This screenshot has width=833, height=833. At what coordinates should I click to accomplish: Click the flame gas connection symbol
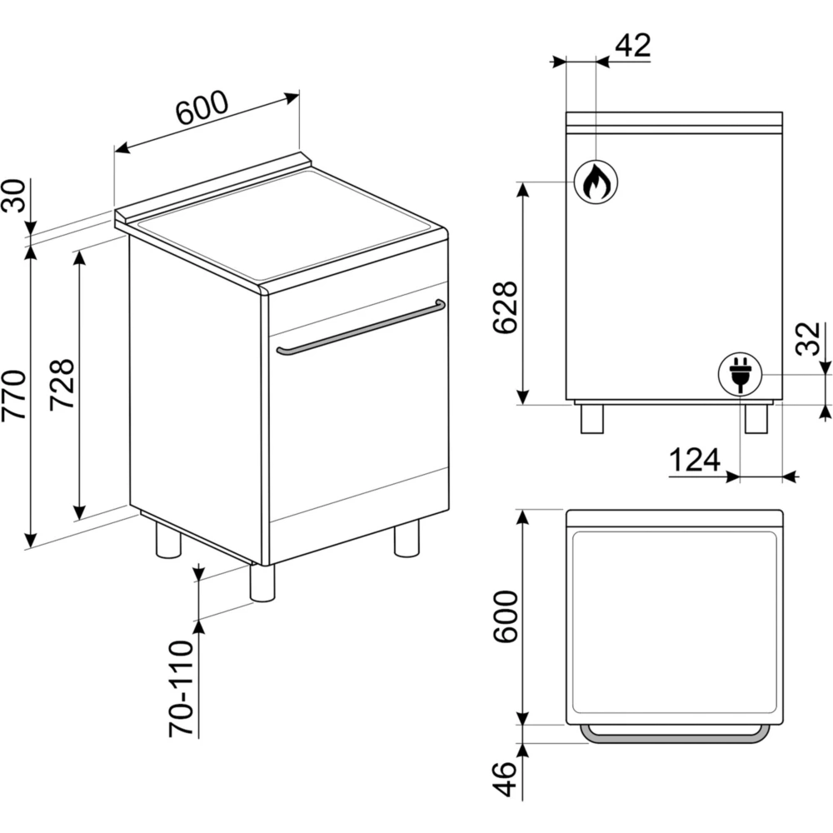pos(596,182)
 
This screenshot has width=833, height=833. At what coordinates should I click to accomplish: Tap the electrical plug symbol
pos(740,375)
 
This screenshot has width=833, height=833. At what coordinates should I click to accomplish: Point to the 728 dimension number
pos(62,385)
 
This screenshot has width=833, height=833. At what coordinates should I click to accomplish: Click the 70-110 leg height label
pos(181,689)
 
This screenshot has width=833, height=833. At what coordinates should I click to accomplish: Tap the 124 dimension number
pos(695,460)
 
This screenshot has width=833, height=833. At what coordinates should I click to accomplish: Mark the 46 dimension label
pos(505,780)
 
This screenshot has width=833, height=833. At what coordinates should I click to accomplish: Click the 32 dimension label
pos(809,339)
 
